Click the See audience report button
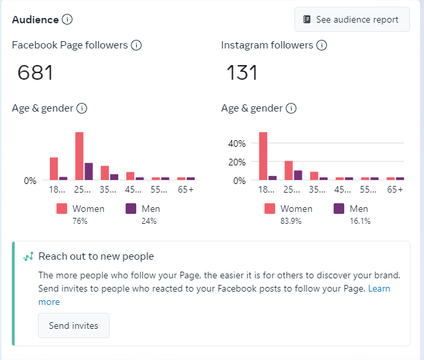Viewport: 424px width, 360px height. click(352, 19)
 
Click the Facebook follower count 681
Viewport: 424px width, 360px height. click(35, 72)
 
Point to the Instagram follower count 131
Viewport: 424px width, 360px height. click(242, 72)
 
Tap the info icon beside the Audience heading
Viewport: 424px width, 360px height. click(67, 19)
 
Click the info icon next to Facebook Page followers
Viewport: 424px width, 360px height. click(136, 45)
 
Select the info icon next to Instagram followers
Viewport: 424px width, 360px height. click(322, 45)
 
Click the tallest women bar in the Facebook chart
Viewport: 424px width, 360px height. click(79, 156)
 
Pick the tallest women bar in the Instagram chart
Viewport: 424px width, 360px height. click(263, 156)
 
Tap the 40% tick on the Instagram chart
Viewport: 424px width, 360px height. click(237, 143)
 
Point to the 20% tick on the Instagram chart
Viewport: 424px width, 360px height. click(237, 162)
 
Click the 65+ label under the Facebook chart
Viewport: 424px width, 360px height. click(186, 189)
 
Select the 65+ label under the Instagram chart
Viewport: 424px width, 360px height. click(395, 189)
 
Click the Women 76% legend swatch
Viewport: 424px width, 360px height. click(62, 209)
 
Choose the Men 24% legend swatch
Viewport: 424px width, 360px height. click(131, 209)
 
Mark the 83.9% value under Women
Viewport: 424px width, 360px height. click(291, 221)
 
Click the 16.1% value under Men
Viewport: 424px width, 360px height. click(359, 221)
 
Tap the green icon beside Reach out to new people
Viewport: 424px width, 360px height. click(29, 256)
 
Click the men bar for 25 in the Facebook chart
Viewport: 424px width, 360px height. click(88, 171)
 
